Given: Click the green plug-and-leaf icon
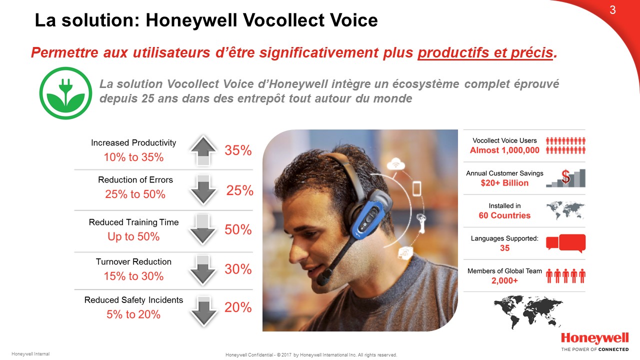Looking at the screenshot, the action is pos(65,93).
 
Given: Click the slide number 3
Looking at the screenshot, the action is pos(612,10).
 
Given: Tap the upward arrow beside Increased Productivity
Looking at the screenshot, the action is pos(203,150).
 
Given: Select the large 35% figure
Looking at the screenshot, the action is pos(238,150).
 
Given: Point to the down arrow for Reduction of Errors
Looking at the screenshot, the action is pos(203,190).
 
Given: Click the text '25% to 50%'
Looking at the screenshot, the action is pos(135,194).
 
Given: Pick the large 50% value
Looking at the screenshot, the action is pos(238,229).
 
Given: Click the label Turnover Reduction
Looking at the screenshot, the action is pos(133,261).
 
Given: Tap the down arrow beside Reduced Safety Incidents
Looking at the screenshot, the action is pos(203,311).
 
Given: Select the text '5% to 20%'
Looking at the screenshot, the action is pos(133,314).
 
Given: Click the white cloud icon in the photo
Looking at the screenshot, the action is pos(395,164).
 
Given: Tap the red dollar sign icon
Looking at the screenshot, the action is pos(565,176).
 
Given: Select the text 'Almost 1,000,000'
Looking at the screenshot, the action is pos(504,150).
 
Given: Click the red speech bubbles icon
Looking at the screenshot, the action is pos(565,243).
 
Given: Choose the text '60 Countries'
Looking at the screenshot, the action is pos(504,215).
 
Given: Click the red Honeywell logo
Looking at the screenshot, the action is pos(595,339).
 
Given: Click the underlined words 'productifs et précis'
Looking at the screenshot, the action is pos(485,52).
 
